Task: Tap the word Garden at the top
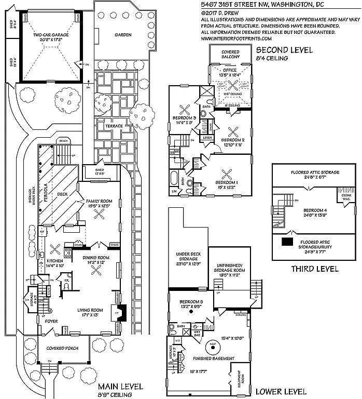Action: pos(123,35)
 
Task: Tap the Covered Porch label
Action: pos(58,348)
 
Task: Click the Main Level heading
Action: pos(121,387)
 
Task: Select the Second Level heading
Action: pos(284,50)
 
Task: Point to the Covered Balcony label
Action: pos(230,55)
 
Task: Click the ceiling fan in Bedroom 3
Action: pos(184,109)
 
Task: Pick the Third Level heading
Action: pos(314,269)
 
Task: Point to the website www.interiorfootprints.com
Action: pos(236,38)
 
